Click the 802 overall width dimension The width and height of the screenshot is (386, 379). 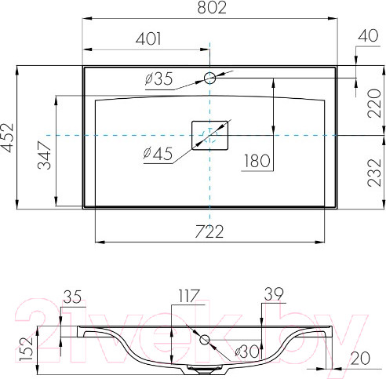[x=210, y=9]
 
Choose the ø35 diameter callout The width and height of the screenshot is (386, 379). [x=159, y=78]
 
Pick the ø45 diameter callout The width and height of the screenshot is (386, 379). [x=157, y=154]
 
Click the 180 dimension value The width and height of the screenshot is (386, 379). [x=257, y=162]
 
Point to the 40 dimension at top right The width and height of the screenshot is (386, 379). [x=367, y=36]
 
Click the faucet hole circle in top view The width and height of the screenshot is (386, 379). [x=210, y=78]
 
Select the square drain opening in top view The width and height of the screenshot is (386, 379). [x=210, y=135]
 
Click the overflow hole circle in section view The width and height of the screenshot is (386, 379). [x=206, y=340]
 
